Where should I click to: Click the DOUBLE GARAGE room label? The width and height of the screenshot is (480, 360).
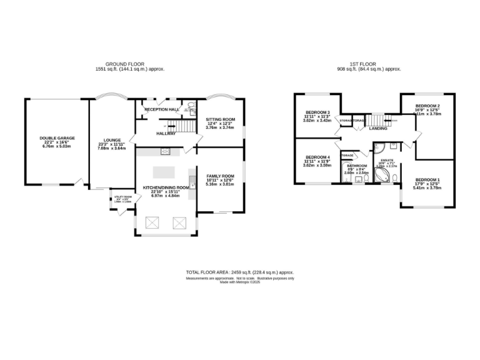[x=57, y=138]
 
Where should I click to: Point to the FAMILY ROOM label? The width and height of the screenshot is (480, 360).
[x=220, y=176]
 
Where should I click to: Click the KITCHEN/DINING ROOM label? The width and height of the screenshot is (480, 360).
[x=166, y=187]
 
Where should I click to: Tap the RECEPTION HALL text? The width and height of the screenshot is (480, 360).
[x=162, y=109]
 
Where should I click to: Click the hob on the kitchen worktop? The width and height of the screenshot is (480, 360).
[x=166, y=151]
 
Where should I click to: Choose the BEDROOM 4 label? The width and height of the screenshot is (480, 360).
[x=317, y=157]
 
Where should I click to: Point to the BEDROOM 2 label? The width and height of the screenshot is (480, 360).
[x=428, y=106]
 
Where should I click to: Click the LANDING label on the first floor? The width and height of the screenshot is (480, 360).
[x=378, y=128]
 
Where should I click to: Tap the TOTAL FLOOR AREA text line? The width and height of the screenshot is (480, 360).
[x=239, y=272]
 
